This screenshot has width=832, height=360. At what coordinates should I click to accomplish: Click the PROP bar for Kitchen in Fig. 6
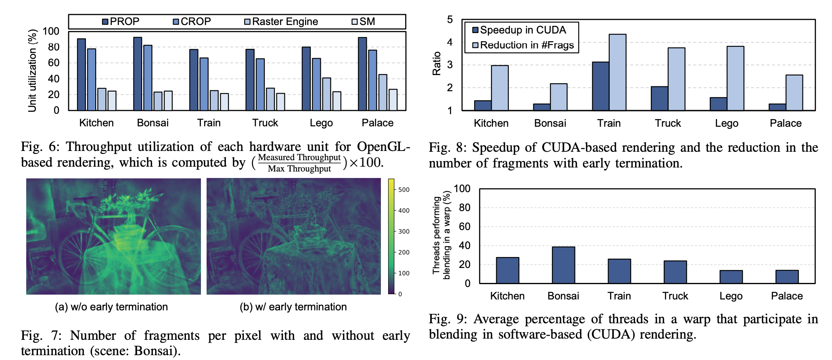[x=81, y=75]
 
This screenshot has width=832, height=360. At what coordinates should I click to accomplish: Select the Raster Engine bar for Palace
[x=383, y=92]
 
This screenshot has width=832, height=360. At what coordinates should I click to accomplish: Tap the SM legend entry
[x=363, y=21]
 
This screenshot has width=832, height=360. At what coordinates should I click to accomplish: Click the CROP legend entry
[x=192, y=21]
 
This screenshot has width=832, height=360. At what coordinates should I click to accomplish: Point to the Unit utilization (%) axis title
[x=32, y=71]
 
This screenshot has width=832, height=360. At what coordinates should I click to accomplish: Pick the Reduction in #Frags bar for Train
[x=617, y=72]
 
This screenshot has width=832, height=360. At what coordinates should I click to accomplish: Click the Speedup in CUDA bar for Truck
[x=659, y=98]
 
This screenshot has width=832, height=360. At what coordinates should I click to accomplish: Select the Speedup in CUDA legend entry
[x=519, y=30]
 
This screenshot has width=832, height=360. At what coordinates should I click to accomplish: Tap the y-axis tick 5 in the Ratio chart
[x=450, y=19]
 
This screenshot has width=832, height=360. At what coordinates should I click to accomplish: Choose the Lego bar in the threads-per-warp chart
[x=731, y=277]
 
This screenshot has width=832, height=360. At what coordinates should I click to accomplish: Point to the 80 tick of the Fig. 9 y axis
[x=464, y=208]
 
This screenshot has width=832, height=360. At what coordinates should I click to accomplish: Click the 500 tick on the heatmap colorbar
[x=403, y=190]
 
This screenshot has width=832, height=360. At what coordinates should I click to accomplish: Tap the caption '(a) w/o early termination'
[x=111, y=307]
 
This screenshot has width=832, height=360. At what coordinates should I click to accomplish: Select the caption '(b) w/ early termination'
[x=293, y=307]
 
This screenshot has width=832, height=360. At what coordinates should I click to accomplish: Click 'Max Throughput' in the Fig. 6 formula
[x=299, y=169]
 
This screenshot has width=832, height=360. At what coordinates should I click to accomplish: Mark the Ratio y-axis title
[x=437, y=64]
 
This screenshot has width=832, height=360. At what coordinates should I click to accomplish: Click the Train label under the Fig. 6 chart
[x=209, y=123]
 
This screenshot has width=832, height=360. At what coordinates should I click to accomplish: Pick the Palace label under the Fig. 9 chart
[x=786, y=296]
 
